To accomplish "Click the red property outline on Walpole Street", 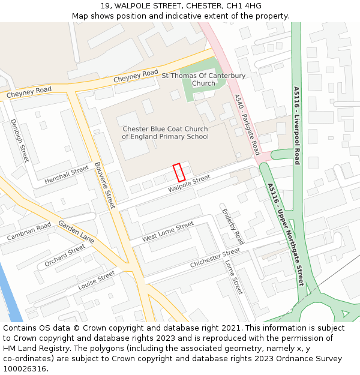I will pos(178,173).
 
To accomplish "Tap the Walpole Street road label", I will pos(189,184).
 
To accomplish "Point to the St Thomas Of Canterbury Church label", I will pos(203,80).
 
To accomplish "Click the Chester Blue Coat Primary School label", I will pos(165,133).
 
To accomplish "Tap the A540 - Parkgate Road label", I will pos(247,124).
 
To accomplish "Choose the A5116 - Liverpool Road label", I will pos(296,125).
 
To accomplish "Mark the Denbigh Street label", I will pos(19,140).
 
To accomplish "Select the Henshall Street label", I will pos(67,174).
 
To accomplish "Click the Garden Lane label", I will pos(76,231).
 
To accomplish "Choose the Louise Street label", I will pos(96,280).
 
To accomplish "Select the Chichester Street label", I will pos(215,258).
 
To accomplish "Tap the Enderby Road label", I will pos(233,226).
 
